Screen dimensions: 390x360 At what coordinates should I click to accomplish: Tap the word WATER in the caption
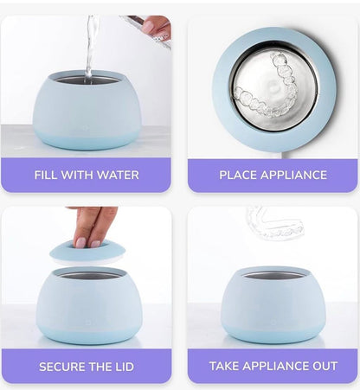[x=118, y=176]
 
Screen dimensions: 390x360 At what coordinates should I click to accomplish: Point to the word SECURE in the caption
[x=62, y=367]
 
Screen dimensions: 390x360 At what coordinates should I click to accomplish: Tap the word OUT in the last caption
[x=322, y=367]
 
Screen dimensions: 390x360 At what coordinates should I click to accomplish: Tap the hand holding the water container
[x=157, y=27]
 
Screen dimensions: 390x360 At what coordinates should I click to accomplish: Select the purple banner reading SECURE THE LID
[x=87, y=366]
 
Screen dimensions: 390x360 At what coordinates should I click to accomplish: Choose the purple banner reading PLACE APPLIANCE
[x=273, y=175]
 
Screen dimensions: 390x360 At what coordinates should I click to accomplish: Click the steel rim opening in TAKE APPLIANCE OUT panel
[x=272, y=275]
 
